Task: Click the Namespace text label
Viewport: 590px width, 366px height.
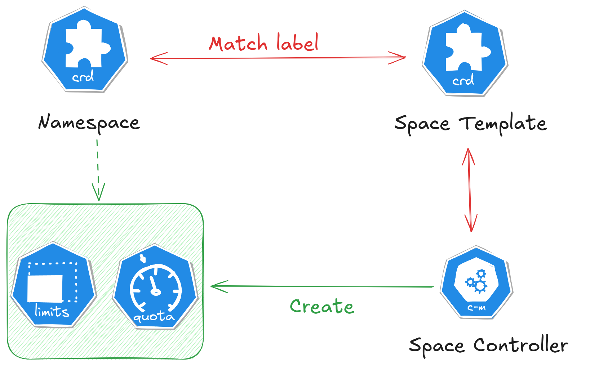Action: pyautogui.click(x=89, y=123)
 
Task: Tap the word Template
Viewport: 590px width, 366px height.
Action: pyautogui.click(x=503, y=124)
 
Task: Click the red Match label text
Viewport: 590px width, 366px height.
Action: pyautogui.click(x=264, y=43)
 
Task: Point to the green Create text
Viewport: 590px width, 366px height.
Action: pyautogui.click(x=322, y=307)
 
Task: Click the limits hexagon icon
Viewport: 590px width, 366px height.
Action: pyautogui.click(x=53, y=285)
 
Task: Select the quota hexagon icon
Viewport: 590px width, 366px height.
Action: pyautogui.click(x=155, y=287)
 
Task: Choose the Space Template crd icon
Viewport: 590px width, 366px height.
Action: pyautogui.click(x=465, y=54)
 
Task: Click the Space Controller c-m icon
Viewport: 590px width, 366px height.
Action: pyautogui.click(x=476, y=282)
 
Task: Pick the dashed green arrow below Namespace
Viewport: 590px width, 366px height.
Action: pyautogui.click(x=98, y=169)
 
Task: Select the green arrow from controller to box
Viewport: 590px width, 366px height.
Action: pyautogui.click(x=322, y=287)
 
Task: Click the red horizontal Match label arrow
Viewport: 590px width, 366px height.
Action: pyautogui.click(x=278, y=58)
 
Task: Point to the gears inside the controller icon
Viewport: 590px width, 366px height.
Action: pyautogui.click(x=477, y=281)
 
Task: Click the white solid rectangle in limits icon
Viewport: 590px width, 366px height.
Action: pyautogui.click(x=45, y=289)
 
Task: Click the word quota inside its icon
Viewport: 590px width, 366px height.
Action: pyautogui.click(x=154, y=317)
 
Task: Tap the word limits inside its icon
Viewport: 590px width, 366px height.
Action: pyautogui.click(x=52, y=311)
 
